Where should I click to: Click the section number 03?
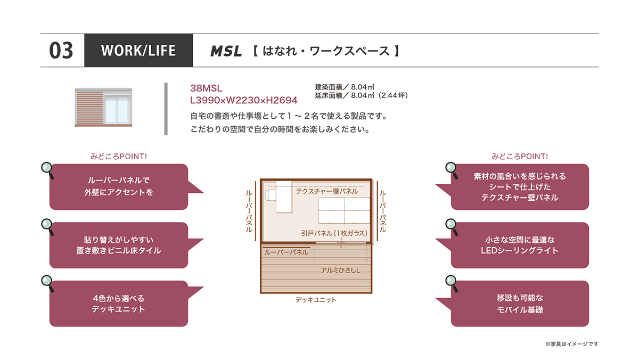click(x=61, y=51)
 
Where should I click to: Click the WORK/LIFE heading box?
click(x=138, y=51)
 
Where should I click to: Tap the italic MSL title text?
click(x=226, y=51)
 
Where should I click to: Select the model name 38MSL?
click(x=206, y=88)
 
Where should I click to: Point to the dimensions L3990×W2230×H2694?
click(x=244, y=100)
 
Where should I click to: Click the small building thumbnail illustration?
click(x=103, y=107)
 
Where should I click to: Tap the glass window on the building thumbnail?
click(x=117, y=110)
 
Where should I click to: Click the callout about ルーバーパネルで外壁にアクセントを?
click(x=119, y=186)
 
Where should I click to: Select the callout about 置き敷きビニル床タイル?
click(x=119, y=245)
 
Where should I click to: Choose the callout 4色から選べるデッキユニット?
click(x=119, y=304)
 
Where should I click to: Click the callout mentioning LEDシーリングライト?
click(x=520, y=245)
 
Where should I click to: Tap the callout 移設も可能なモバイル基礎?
click(x=520, y=304)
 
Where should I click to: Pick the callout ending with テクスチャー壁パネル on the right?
click(x=520, y=186)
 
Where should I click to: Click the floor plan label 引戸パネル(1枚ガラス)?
click(x=334, y=233)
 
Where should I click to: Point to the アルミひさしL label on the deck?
click(x=340, y=270)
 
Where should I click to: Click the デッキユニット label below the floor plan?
click(x=316, y=300)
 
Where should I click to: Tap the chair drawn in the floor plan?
click(x=271, y=195)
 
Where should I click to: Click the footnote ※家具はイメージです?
click(x=572, y=344)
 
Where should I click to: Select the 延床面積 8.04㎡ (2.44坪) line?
click(x=362, y=95)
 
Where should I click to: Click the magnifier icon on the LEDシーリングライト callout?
click(x=452, y=227)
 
